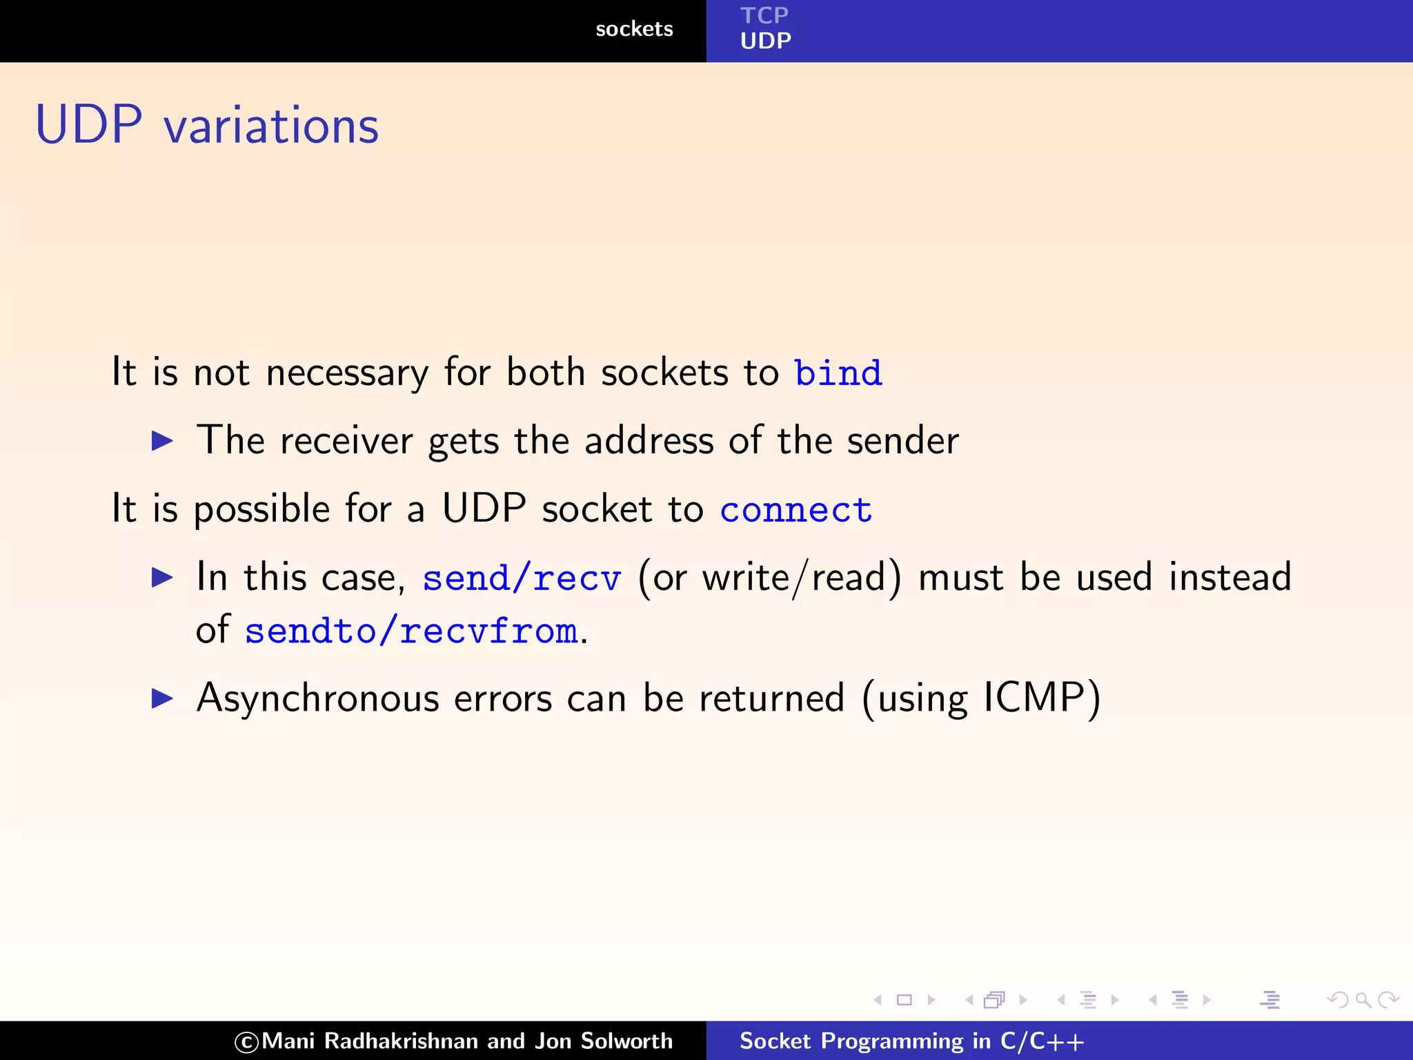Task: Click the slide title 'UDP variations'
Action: (x=207, y=126)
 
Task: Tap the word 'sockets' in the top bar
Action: (x=633, y=29)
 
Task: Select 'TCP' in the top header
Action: (x=764, y=15)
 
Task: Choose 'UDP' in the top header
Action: (x=765, y=41)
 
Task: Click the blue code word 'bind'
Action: (x=838, y=373)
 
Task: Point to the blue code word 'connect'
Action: (x=796, y=510)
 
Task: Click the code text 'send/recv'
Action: (x=522, y=578)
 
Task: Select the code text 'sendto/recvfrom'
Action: (x=411, y=631)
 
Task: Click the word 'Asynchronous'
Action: (x=317, y=698)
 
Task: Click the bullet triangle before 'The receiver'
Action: (x=162, y=440)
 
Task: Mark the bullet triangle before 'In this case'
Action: (x=162, y=578)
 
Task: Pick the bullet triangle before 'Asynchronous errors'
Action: (x=162, y=698)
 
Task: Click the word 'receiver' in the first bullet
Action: (x=346, y=442)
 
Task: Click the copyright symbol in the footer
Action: (x=246, y=1041)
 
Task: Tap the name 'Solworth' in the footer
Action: (x=626, y=1041)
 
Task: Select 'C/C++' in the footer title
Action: (x=1042, y=1041)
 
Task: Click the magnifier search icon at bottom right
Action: (x=1363, y=999)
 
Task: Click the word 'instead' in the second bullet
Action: (x=1229, y=577)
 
